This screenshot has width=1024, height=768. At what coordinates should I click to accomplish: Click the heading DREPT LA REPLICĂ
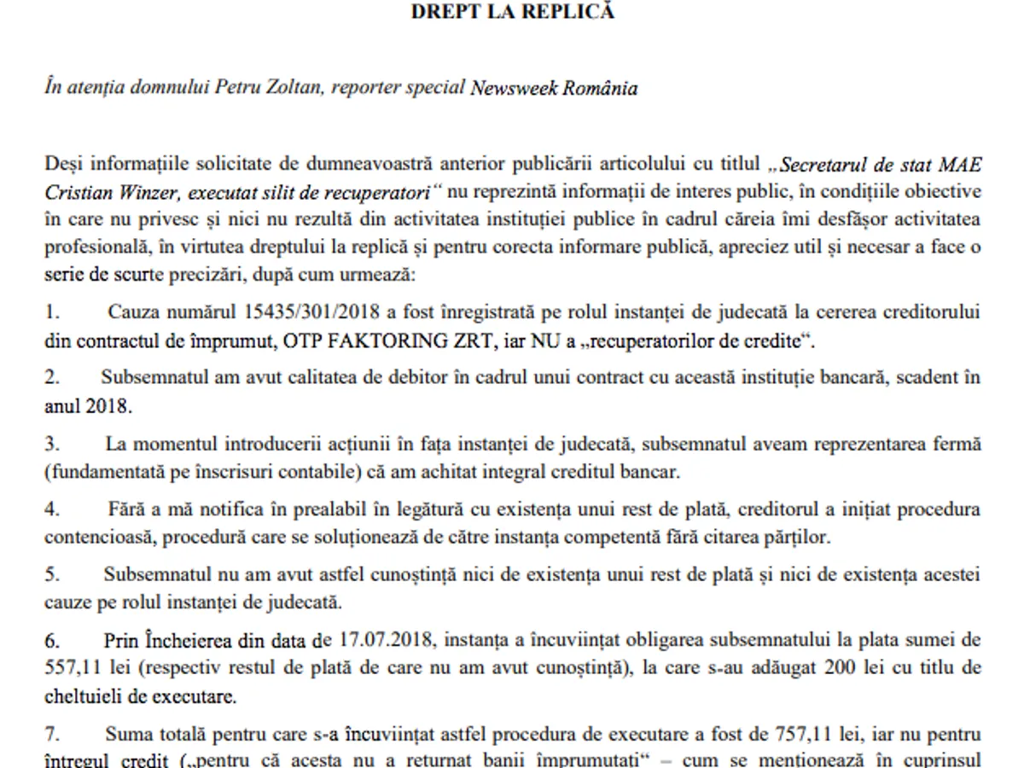512,12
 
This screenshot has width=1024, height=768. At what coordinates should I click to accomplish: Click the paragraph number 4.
51,509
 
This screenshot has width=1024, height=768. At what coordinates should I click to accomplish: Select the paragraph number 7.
51,733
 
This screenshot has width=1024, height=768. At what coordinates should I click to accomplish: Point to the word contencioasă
96,538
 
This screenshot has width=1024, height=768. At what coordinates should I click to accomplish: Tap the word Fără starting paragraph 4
125,509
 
